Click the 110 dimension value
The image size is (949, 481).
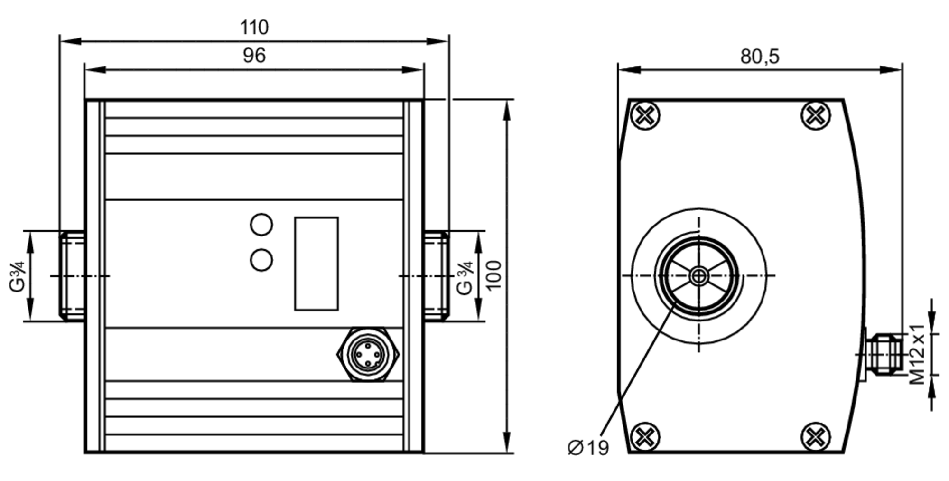click(254, 28)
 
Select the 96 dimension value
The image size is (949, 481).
click(254, 56)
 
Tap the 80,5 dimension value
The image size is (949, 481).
click(759, 57)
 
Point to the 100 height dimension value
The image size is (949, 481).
click(494, 275)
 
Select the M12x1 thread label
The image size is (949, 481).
click(917, 354)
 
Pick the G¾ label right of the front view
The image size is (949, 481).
click(465, 278)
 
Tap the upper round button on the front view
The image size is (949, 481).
click(261, 225)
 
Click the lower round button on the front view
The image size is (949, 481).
click(261, 260)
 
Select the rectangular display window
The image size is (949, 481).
click(316, 264)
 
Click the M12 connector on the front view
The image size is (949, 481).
click(368, 354)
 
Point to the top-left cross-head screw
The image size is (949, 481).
click(645, 115)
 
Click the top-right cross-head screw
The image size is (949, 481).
click(815, 115)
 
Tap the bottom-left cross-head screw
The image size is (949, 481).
click(645, 436)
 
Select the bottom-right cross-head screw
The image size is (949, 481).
click(815, 436)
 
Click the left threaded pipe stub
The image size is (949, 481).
click(72, 275)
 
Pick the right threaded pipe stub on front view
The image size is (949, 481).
click(436, 275)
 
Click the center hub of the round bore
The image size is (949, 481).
click(698, 276)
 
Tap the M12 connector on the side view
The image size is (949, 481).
click(883, 354)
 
